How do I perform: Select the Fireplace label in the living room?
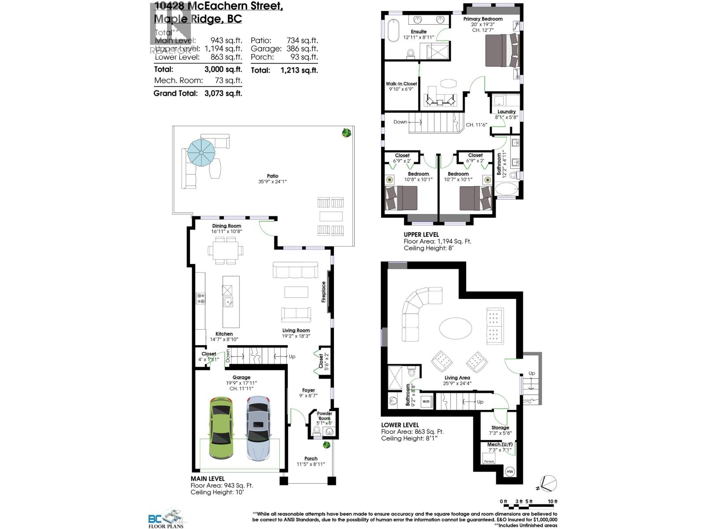(323, 292)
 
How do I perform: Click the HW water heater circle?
(510, 471)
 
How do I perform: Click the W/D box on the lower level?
(426, 402)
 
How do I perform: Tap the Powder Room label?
(324, 416)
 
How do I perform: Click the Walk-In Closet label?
(401, 83)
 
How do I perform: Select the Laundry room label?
(506, 112)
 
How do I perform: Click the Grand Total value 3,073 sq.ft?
(223, 93)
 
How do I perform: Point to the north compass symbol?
(548, 484)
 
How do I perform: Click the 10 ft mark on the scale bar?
(553, 502)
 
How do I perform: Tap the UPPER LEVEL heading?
(421, 235)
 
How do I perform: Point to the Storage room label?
(500, 428)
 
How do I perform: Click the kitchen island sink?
(228, 302)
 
